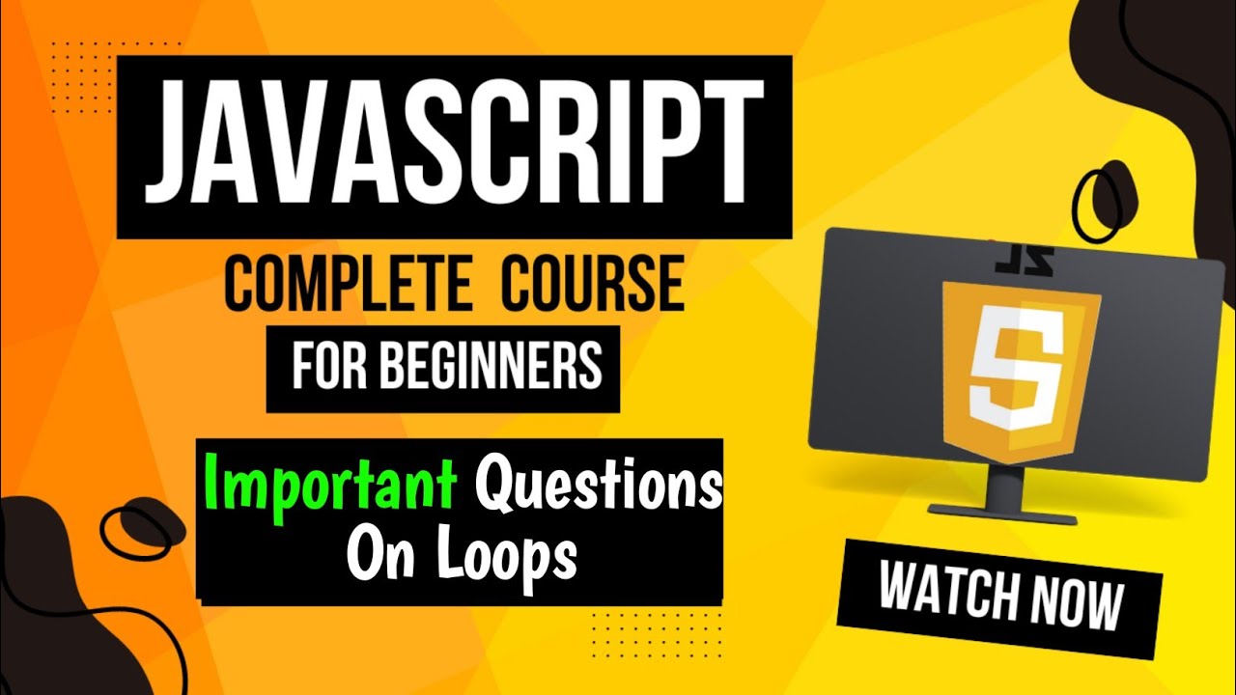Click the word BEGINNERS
492,368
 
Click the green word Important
333,487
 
